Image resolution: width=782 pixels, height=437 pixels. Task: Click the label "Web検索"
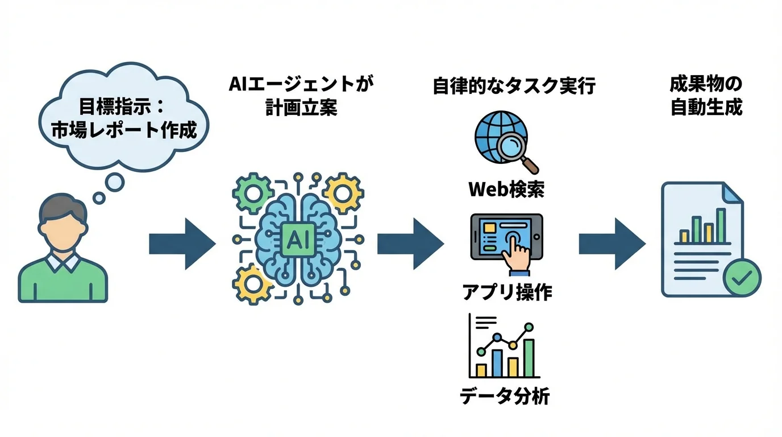coord(506,189)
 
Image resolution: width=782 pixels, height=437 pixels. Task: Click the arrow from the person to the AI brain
coord(182,244)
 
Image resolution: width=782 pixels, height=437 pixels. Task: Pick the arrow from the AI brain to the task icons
coord(410,244)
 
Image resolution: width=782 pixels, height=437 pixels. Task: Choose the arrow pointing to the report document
coord(612,244)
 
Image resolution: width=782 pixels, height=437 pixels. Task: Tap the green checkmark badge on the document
coord(743,278)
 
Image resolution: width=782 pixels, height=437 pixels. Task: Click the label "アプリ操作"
coord(506,292)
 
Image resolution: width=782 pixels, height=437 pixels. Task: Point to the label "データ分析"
coord(505,395)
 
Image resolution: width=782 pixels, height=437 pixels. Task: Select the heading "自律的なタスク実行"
coord(514,86)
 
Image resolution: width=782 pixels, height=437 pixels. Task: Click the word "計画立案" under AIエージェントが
coord(301,108)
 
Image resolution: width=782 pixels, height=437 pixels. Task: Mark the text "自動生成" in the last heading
coord(706,108)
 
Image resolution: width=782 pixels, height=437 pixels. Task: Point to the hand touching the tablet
coord(516,252)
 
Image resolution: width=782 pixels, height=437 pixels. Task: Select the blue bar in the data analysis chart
coord(497,362)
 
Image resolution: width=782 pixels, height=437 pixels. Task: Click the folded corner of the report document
coord(733,193)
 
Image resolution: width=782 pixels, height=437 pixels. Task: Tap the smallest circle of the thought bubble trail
coord(99,198)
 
